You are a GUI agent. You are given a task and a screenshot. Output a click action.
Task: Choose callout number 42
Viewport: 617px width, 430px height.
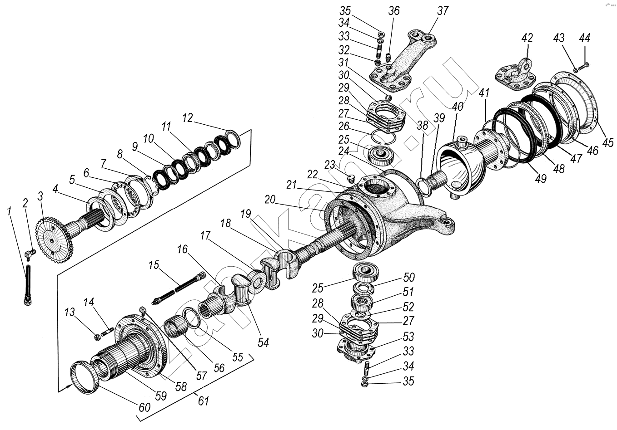tap(527, 38)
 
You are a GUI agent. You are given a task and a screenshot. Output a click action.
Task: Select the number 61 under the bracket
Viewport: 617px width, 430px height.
tap(203, 401)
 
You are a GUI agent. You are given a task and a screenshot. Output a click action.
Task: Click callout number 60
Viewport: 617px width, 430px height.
tap(144, 407)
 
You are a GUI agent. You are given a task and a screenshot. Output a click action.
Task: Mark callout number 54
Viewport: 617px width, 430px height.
tap(263, 342)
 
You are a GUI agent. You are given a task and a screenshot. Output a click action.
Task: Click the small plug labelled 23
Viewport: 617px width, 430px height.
tap(350, 178)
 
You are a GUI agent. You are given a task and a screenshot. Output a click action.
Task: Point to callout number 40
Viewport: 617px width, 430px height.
tap(458, 107)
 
